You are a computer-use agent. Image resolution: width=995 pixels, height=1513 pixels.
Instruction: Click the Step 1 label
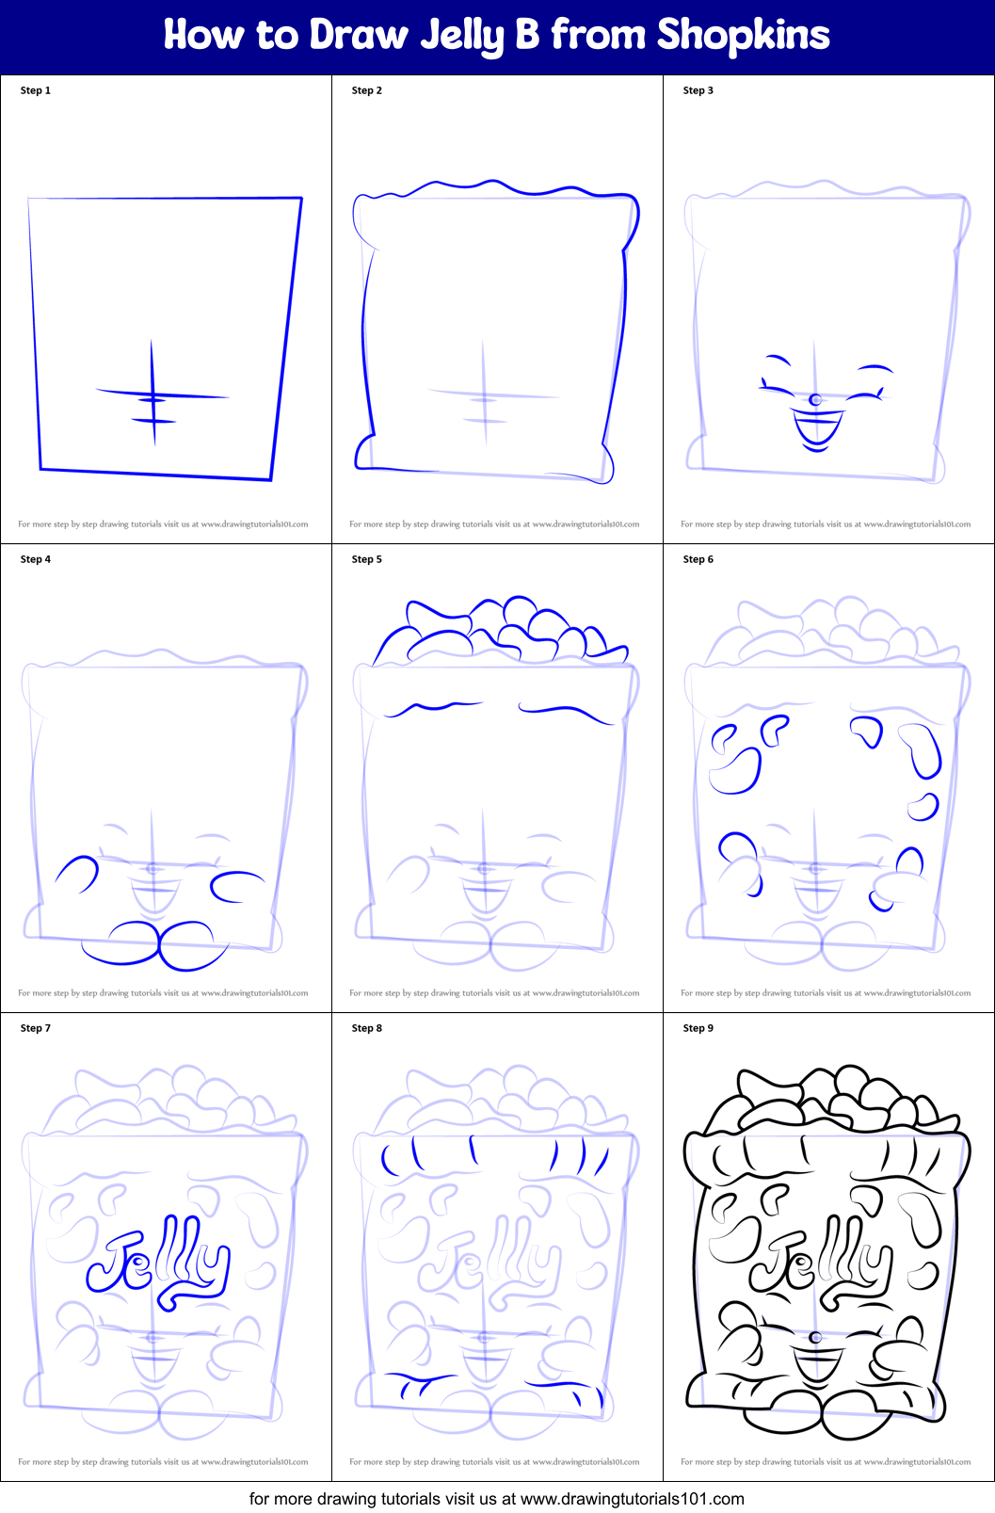[x=36, y=90]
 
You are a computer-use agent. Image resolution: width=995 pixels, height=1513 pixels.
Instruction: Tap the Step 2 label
[x=367, y=90]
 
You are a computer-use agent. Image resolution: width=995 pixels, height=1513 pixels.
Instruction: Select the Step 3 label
[x=698, y=90]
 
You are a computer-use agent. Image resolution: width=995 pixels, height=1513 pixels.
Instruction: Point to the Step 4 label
[x=36, y=559]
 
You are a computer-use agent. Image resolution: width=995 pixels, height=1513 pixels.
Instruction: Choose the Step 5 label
[x=367, y=559]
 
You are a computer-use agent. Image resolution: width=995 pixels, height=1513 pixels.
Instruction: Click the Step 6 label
[x=698, y=559]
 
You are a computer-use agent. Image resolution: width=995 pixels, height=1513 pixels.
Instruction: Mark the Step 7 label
[x=36, y=1028]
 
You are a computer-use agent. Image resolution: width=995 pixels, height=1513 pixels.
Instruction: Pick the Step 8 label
[x=367, y=1028]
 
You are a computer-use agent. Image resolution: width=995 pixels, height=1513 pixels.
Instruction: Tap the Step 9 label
[x=698, y=1028]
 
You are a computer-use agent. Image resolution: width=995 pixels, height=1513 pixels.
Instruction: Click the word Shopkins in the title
[x=743, y=36]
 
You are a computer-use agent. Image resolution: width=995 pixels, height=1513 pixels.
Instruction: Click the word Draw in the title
[x=359, y=36]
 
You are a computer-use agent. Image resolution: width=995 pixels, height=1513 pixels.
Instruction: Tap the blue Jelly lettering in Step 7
[x=158, y=1263]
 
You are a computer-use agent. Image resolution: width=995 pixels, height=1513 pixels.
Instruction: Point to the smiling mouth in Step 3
[x=817, y=428]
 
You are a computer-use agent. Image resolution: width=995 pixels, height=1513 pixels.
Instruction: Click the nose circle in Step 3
[x=815, y=400]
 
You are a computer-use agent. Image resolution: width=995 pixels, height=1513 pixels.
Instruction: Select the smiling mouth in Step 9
[x=816, y=1366]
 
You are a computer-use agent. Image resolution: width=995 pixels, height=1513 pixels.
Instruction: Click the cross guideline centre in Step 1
[x=152, y=396]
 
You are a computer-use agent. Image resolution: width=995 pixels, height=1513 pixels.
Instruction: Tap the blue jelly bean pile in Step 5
[x=499, y=631]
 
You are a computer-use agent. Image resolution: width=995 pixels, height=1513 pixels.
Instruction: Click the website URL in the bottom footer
[x=632, y=1499]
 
